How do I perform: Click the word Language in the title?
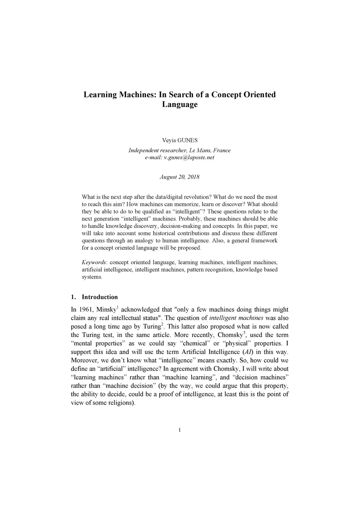tap(180, 104)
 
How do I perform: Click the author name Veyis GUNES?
tap(180, 140)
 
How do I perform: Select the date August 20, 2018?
tap(179, 177)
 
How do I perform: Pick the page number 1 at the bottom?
tap(180, 430)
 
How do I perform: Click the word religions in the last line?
tap(120, 403)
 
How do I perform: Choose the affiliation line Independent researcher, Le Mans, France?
tap(179, 151)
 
